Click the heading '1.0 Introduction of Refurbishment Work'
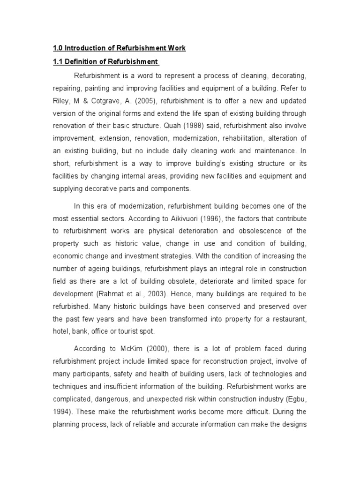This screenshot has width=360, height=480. tap(119, 48)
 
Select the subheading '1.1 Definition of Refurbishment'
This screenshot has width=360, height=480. tap(105, 62)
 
